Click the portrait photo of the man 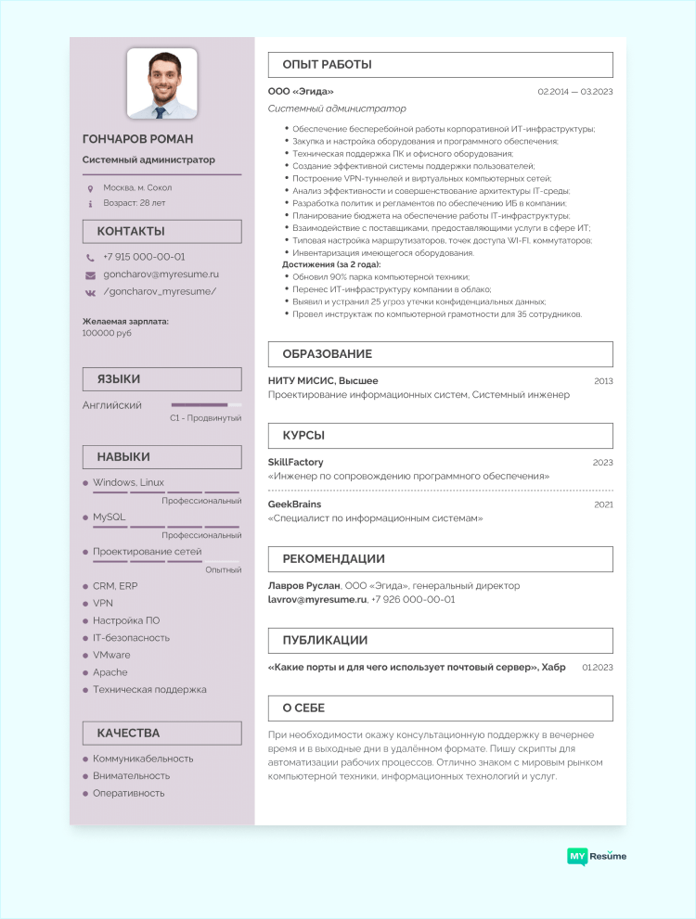(161, 84)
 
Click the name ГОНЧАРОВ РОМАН (138, 139)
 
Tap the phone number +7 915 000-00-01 (144, 257)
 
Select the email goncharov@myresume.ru (161, 274)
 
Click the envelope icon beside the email (90, 275)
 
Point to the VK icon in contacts (90, 292)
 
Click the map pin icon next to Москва (90, 188)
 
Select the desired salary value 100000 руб (107, 333)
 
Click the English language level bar (206, 405)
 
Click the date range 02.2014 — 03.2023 (575, 92)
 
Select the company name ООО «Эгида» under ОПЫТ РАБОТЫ (301, 92)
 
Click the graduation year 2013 (603, 381)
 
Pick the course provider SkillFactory (295, 462)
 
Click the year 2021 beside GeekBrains (603, 504)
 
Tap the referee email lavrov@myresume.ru (316, 600)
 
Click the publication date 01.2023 (598, 667)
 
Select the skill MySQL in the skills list (109, 517)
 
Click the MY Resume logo (597, 856)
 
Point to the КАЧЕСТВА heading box (161, 733)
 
